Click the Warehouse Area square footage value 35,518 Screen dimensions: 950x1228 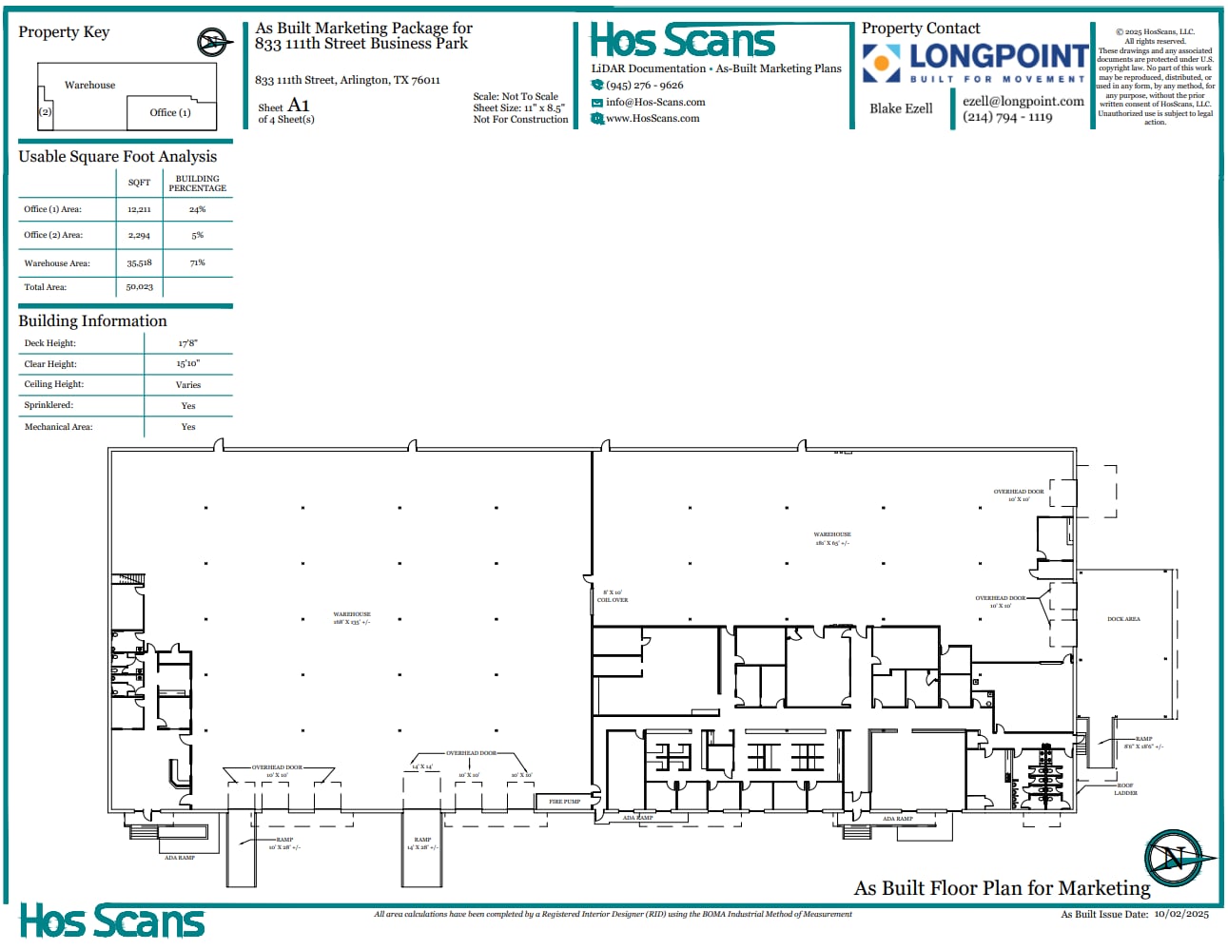click(x=139, y=263)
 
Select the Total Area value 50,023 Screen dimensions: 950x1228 click(x=139, y=286)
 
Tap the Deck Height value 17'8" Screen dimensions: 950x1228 click(x=187, y=343)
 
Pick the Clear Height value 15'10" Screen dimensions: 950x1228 click(x=187, y=363)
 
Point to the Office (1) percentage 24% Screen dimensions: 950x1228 click(x=197, y=209)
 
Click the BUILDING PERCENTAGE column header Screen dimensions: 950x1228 click(x=197, y=183)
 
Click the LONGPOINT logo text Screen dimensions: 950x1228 click(x=999, y=56)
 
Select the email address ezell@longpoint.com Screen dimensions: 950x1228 click(x=1023, y=101)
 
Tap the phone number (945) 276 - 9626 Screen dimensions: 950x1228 click(x=644, y=85)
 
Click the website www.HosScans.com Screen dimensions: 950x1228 click(x=653, y=118)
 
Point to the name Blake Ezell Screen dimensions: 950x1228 click(x=901, y=108)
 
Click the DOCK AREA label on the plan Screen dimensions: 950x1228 click(x=1123, y=619)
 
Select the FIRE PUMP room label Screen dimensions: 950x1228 click(x=564, y=802)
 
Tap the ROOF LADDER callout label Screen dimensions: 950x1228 click(x=1125, y=789)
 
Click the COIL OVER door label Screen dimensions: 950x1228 click(x=613, y=596)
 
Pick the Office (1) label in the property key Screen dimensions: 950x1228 click(x=170, y=112)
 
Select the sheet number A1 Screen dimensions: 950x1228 click(x=299, y=105)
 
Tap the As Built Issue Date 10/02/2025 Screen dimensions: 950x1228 click(x=1180, y=914)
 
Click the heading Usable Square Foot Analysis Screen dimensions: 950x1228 click(x=117, y=157)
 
